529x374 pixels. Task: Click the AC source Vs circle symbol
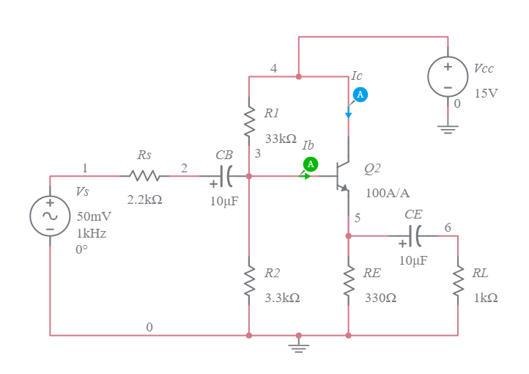[50, 216]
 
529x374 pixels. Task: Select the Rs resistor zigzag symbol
[144, 176]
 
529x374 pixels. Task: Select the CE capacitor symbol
[415, 236]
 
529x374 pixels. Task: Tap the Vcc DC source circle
[448, 76]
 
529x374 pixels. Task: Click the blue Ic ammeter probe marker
[360, 95]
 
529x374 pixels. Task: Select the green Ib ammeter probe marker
[310, 164]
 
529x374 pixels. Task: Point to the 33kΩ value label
[280, 139]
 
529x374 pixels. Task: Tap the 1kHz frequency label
[92, 233]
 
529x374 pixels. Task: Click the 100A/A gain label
[388, 193]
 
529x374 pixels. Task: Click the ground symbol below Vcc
[448, 129]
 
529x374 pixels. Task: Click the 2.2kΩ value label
[144, 199]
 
